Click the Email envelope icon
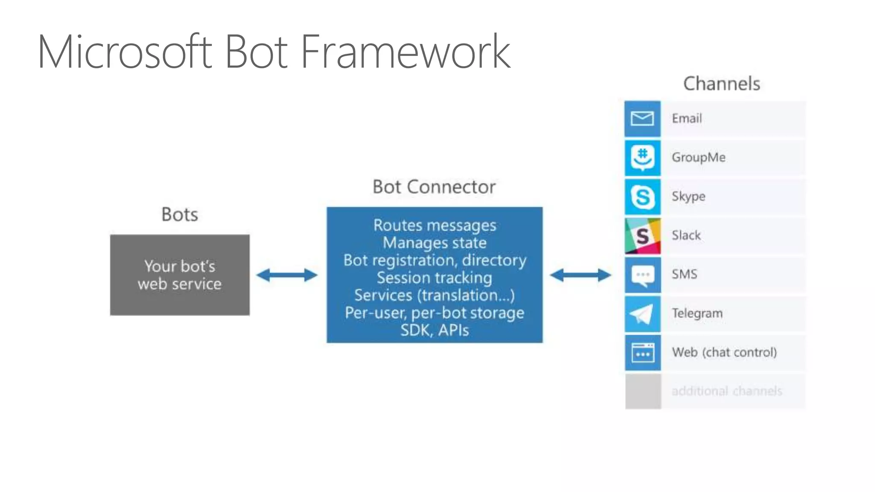[x=642, y=119]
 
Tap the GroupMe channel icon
[x=642, y=158]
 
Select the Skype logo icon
[x=642, y=197]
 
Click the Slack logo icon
[x=642, y=236]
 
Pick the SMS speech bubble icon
[x=642, y=275]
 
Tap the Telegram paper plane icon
[x=642, y=314]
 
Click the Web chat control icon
[x=642, y=353]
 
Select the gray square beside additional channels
[x=643, y=392]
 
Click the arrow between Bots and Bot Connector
[x=287, y=275]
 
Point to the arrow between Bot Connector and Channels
[x=580, y=275]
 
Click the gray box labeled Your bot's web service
[x=180, y=275]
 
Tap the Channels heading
[x=722, y=84]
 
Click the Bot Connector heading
[x=434, y=187]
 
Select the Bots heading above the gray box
[x=180, y=214]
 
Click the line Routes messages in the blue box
[x=435, y=225]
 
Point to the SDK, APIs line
[x=435, y=330]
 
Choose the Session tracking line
[x=435, y=278]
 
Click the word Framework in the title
[x=405, y=52]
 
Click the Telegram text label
[x=697, y=313]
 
